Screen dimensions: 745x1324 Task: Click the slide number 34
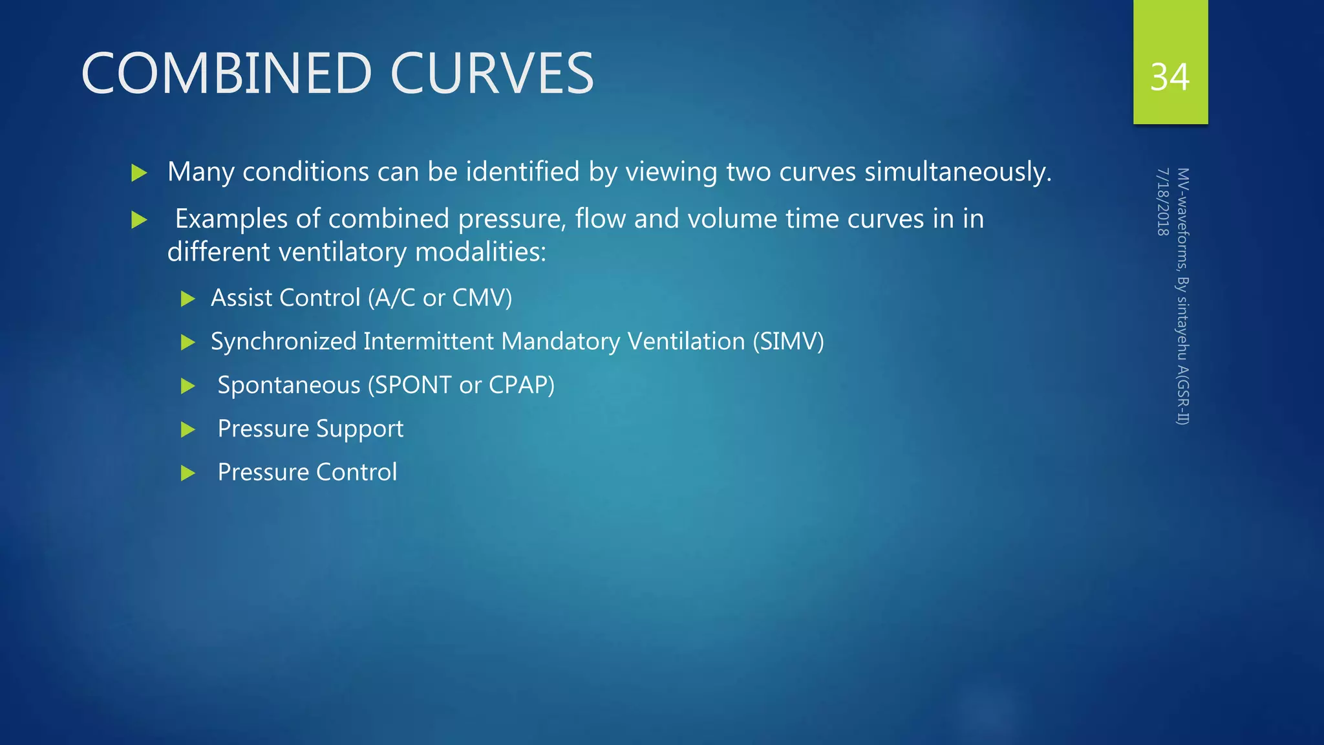[x=1169, y=78]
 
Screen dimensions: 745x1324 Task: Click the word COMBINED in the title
[x=226, y=74]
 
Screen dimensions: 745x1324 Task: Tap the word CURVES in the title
[x=492, y=74]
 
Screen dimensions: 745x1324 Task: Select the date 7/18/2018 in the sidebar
[x=1162, y=202]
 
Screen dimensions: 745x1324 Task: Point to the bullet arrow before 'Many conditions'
[x=139, y=173]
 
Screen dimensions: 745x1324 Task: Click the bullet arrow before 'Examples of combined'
[x=139, y=220]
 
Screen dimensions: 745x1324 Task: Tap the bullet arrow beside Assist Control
[x=188, y=299]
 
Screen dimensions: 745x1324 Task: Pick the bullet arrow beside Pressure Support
[x=188, y=429]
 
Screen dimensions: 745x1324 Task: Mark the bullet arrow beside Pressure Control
[x=188, y=473]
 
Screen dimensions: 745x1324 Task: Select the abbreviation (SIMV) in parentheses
[x=788, y=341]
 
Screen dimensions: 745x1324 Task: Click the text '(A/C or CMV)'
[x=440, y=298]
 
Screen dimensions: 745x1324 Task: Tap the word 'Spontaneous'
[x=289, y=385]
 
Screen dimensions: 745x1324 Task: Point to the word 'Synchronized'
[x=284, y=341]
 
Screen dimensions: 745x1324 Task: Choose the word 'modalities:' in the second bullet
[x=481, y=252]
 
